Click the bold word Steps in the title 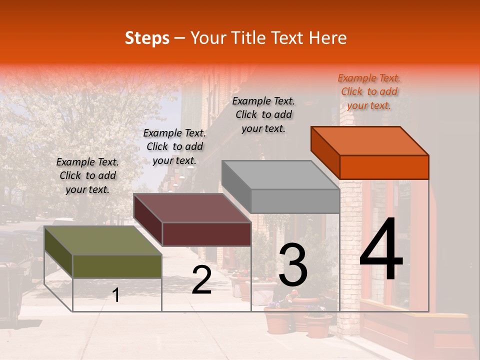pos(147,38)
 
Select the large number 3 pos(292,265)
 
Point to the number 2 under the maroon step pos(202,280)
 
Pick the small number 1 pos(116,295)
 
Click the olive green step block pos(117,266)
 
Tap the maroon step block pos(206,233)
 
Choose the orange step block pos(384,167)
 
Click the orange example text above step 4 pos(369,91)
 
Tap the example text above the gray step pos(263,114)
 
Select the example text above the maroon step pos(174,146)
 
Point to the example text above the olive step pos(87,175)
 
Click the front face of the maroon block pos(206,234)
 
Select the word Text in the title pos(289,38)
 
